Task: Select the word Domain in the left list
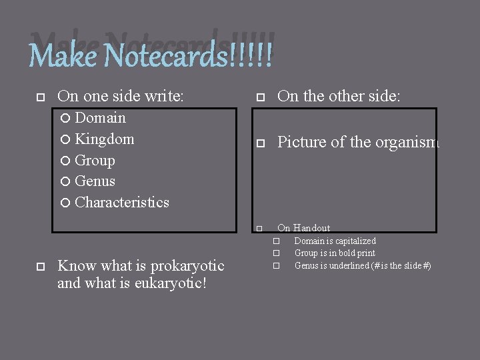(x=100, y=118)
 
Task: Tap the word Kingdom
(x=105, y=139)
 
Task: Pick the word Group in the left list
(x=95, y=161)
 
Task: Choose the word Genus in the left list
(x=95, y=181)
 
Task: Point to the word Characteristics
(x=122, y=203)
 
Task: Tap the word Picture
(x=300, y=142)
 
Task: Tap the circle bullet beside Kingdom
(x=67, y=139)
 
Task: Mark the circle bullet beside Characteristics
(x=67, y=203)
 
